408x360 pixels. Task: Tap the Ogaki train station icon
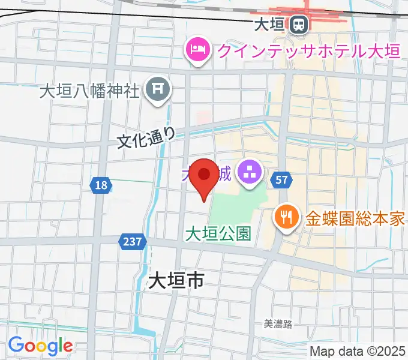click(298, 25)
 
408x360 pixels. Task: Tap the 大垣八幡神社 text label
click(89, 91)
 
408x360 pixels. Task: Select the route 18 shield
click(101, 186)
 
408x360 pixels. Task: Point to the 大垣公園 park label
click(218, 233)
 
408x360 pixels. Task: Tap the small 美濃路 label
click(278, 324)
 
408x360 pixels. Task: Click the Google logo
click(40, 345)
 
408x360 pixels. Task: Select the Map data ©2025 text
click(358, 351)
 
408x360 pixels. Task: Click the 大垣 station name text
click(268, 25)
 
